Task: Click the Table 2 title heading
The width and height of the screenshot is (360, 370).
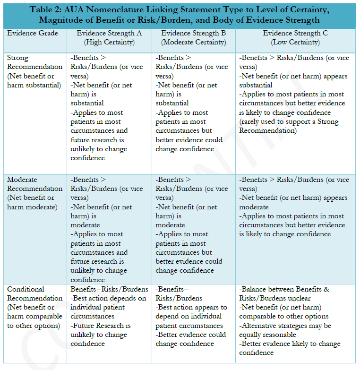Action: [x=180, y=15]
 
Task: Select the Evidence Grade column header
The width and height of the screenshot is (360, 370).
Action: [x=33, y=33]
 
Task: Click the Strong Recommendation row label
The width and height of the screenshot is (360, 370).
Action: [x=34, y=71]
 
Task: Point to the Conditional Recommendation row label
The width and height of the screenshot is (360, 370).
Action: [x=34, y=307]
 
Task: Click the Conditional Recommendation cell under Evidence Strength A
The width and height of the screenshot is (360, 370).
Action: [x=109, y=316]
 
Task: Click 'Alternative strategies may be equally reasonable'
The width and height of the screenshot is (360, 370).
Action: [x=285, y=330]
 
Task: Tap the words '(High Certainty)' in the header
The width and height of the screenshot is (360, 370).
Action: [x=109, y=42]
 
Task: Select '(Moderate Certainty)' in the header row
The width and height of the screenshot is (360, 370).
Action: [x=193, y=42]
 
